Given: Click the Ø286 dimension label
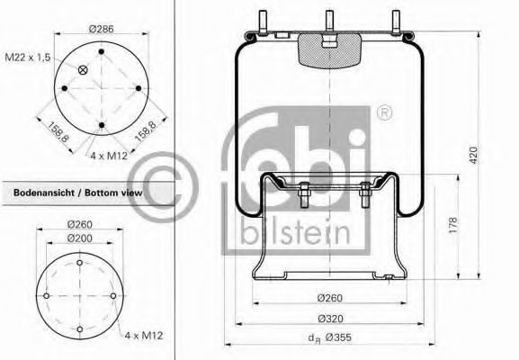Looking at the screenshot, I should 102,29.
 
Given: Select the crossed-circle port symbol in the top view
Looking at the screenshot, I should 84,70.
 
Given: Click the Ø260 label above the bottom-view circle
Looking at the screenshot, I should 81,225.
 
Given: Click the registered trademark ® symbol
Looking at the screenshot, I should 384,113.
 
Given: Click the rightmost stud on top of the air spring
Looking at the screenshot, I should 396,21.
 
